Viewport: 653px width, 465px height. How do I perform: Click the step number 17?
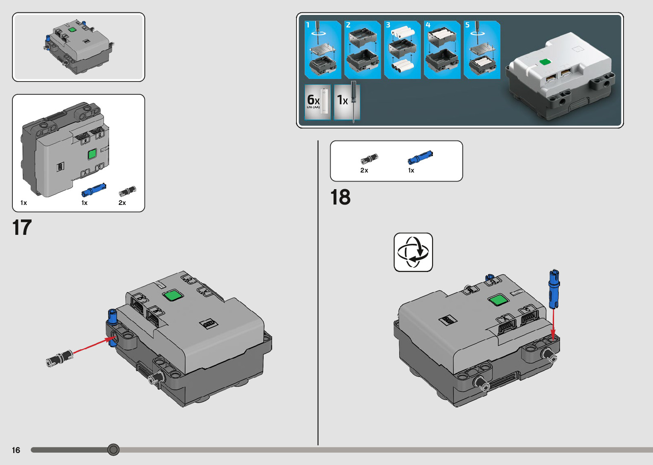tap(22, 228)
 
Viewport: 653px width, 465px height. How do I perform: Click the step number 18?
tap(340, 198)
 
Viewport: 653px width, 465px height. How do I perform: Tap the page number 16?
tap(16, 450)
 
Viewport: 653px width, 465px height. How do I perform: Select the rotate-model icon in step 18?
tap(413, 252)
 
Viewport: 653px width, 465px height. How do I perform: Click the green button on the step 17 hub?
tap(173, 295)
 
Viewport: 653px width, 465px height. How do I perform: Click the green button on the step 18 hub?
tap(497, 300)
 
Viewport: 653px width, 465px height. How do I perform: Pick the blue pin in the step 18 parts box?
tap(420, 158)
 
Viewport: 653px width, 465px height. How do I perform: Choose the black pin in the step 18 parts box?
tap(369, 159)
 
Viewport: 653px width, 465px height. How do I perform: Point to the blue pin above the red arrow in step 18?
tap(554, 288)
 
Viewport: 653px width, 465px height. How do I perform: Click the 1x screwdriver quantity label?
tap(342, 100)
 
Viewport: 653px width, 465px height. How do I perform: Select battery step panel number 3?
tap(402, 50)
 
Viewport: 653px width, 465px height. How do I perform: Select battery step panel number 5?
tap(482, 50)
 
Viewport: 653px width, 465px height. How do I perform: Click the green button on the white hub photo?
tap(545, 62)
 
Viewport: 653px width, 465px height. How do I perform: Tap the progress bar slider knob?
tap(113, 450)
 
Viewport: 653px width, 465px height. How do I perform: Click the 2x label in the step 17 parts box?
tap(122, 203)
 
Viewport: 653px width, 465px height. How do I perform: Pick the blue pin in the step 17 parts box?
tap(93, 190)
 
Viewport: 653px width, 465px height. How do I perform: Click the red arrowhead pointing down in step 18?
tap(553, 334)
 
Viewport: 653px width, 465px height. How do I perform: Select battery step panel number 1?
tap(322, 50)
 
